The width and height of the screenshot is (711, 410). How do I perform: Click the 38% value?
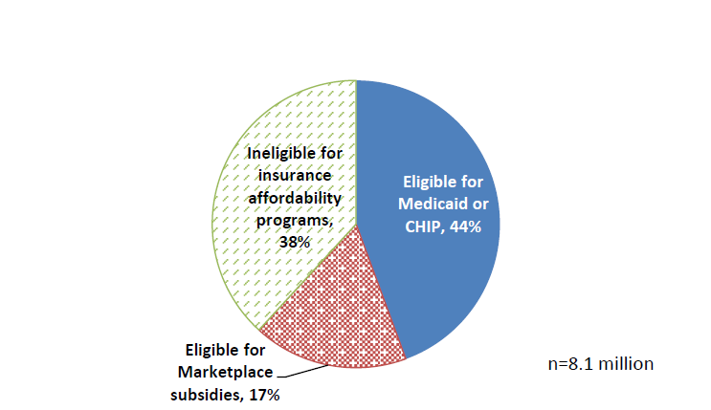click(x=295, y=243)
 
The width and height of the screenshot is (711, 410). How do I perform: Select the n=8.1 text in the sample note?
click(x=572, y=364)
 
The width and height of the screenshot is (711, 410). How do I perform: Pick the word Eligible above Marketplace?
click(x=211, y=350)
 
